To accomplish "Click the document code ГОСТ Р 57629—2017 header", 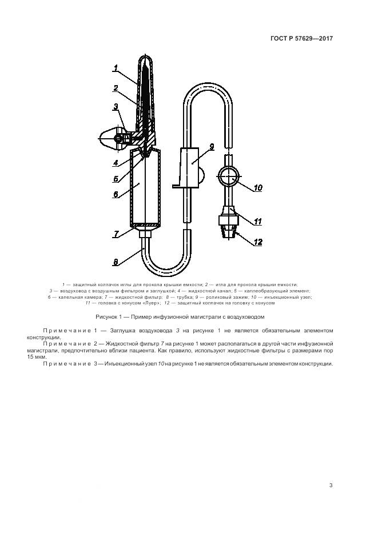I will [301, 39].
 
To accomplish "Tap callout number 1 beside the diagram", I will [116, 69].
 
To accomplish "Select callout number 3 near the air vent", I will [116, 106].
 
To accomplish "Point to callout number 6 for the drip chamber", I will [116, 194].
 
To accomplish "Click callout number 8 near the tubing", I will [116, 262].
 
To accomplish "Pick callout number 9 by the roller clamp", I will [211, 147].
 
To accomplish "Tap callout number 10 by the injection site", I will [257, 187].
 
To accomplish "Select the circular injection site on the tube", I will [230, 177].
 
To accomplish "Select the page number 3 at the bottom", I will [331, 485].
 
